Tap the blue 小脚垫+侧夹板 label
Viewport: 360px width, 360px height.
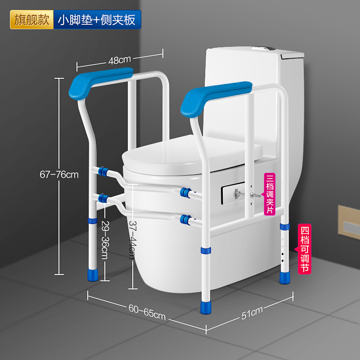[96, 20]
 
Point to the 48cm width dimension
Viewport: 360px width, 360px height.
[119, 59]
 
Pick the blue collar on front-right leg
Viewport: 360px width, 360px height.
[205, 250]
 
